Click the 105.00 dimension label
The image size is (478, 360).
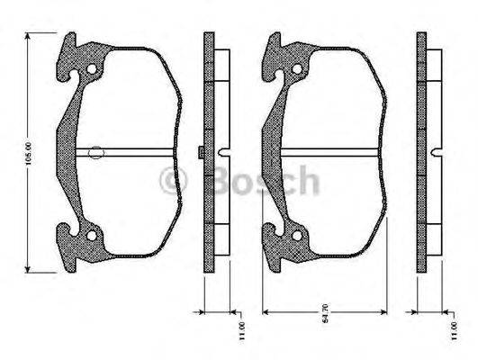pos(30,153)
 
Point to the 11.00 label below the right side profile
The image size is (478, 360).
pos(452,326)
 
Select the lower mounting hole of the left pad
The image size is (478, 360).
pos(90,236)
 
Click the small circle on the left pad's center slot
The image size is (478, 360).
pos(96,153)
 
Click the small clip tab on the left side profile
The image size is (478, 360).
pos(198,152)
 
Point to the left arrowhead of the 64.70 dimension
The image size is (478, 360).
pos(264,311)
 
